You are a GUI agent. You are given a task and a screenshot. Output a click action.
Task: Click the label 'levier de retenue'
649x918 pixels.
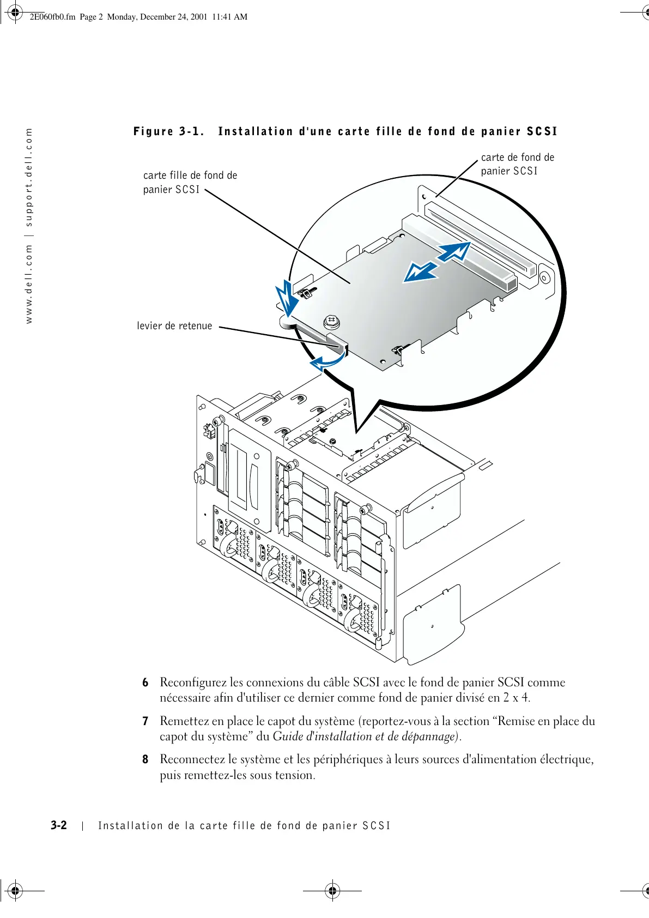[174, 326]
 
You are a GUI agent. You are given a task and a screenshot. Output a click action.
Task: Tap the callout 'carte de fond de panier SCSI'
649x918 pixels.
[517, 164]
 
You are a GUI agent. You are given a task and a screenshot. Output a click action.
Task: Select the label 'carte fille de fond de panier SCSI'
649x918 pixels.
[190, 182]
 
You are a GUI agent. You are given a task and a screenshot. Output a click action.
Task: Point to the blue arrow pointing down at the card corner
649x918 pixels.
[287, 300]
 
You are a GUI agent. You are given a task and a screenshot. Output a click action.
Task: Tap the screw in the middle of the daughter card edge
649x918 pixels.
[331, 322]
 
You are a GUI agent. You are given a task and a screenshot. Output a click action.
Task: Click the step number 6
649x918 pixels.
[145, 683]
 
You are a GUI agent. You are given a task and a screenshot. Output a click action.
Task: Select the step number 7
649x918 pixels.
[145, 721]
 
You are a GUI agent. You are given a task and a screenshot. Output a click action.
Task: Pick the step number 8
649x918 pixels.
[145, 759]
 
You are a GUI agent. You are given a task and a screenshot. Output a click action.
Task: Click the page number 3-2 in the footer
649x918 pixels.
[59, 825]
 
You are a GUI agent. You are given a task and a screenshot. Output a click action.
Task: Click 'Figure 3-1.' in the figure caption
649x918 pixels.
[169, 131]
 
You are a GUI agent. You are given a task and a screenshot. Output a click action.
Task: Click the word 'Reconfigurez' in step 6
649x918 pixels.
[193, 683]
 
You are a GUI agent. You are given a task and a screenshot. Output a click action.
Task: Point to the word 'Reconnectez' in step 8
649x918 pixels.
[192, 759]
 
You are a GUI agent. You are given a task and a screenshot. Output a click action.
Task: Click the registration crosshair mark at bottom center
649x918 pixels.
[332, 891]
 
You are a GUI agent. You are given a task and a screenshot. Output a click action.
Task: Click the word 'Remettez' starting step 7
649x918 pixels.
[184, 721]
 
